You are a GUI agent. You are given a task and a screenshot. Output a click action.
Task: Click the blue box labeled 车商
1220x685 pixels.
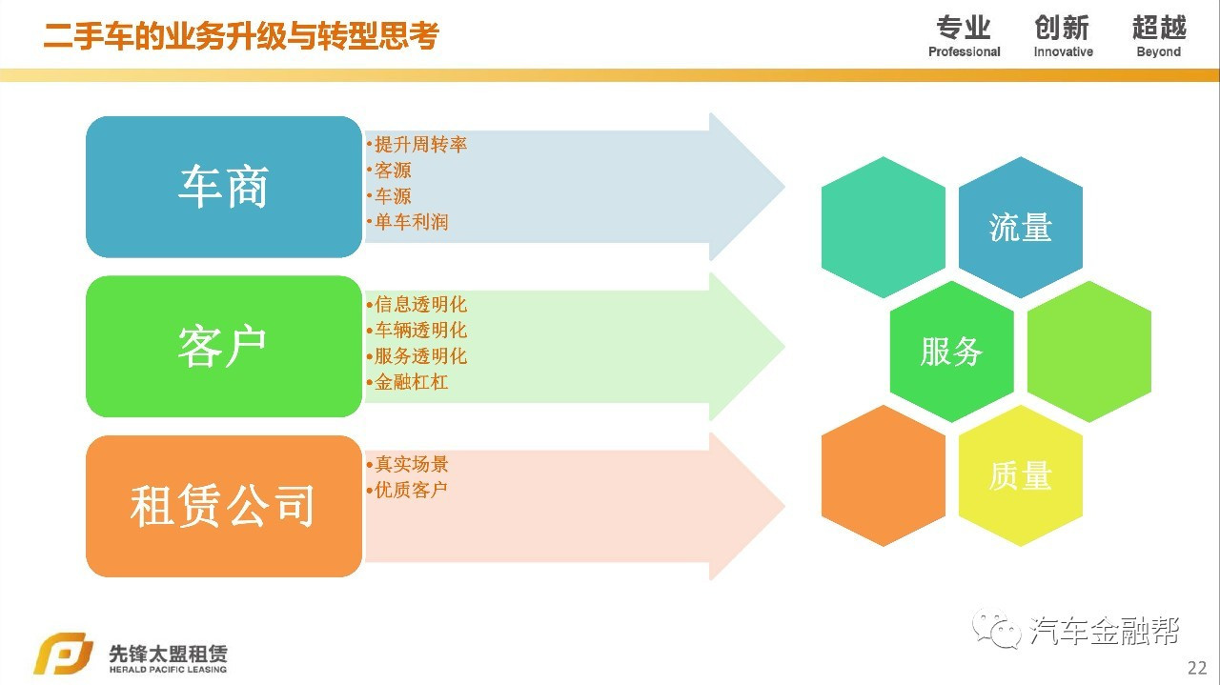coord(223,187)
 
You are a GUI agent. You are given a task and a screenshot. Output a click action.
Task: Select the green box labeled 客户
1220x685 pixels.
coord(223,346)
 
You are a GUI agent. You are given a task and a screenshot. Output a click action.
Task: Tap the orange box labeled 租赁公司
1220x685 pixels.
coord(223,506)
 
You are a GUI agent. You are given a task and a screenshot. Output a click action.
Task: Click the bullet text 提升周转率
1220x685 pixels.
coord(420,145)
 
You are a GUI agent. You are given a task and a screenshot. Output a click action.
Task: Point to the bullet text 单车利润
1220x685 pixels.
coord(411,222)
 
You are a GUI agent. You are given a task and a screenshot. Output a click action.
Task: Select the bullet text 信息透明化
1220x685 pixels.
coord(420,305)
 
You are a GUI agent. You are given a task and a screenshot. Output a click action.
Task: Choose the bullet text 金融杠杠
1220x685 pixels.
coord(411,382)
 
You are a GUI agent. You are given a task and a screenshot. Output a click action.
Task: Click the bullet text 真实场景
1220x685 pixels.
coord(411,465)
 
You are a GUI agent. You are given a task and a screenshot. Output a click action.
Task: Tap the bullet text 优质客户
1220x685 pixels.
coord(411,490)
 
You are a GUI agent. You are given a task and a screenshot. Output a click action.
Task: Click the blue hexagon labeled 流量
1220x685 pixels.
coord(1020,228)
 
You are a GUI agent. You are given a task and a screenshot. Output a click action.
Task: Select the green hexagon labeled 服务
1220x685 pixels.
coord(951,352)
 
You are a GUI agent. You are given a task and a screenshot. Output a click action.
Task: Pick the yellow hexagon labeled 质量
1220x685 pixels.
coord(1020,475)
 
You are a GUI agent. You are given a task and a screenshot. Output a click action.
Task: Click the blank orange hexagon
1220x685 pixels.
coord(883,475)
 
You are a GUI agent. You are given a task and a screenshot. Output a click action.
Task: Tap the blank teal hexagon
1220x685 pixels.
coord(883,228)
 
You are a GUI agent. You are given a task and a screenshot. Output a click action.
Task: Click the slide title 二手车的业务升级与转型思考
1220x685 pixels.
coord(241,36)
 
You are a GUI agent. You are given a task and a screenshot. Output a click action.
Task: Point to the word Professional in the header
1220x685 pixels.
coord(964,52)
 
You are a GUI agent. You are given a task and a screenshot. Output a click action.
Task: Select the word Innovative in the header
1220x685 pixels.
coord(1063,52)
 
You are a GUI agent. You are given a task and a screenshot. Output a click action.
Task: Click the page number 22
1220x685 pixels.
coord(1197,666)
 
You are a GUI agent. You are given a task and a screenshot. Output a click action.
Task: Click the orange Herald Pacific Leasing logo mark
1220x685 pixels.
coord(64,655)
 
